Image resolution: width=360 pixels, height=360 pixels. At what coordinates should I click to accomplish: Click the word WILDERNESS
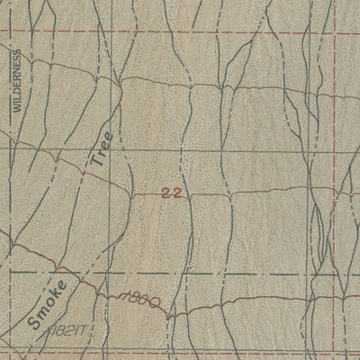[x=15, y=81]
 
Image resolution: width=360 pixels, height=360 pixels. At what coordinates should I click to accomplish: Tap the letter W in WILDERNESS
[x=15, y=107]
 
